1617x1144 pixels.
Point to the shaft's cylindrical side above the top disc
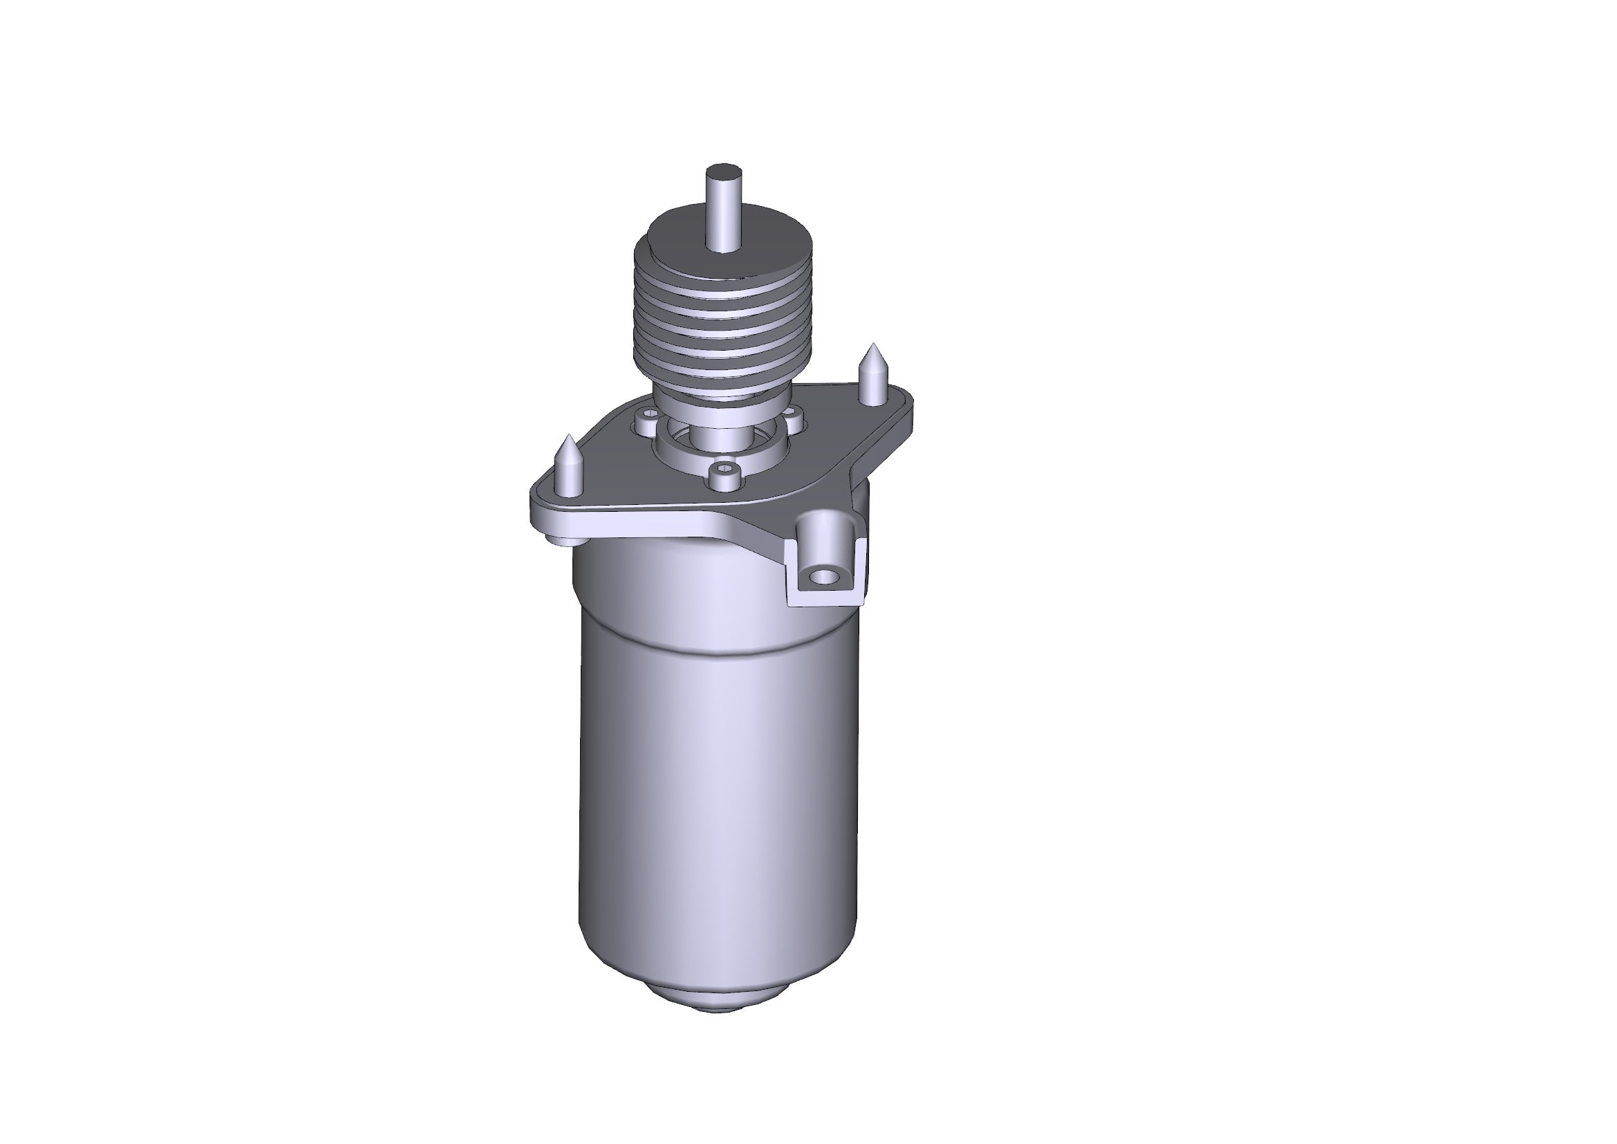click(x=723, y=212)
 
